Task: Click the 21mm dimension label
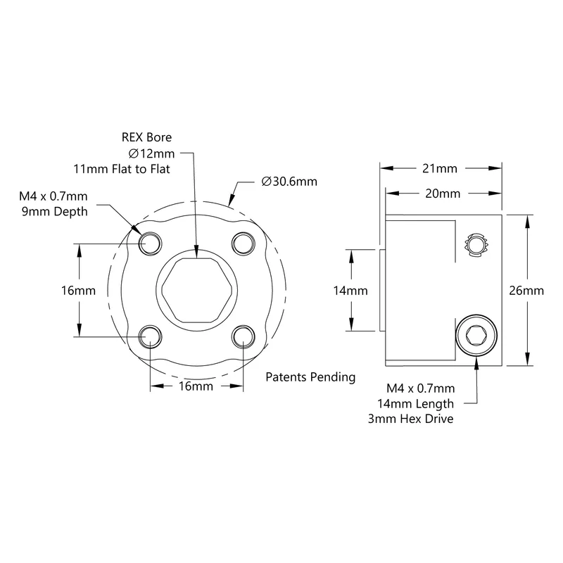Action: click(x=439, y=168)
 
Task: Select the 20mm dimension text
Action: click(x=443, y=194)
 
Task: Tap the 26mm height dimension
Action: click(x=526, y=291)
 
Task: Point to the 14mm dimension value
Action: click(x=350, y=291)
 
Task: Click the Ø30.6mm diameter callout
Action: click(x=289, y=182)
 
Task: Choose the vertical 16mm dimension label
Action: click(x=78, y=291)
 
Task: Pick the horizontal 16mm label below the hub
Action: click(x=196, y=386)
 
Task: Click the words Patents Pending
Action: click(x=310, y=377)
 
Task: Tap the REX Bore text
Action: click(x=146, y=137)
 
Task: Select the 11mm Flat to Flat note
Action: click(x=122, y=169)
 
